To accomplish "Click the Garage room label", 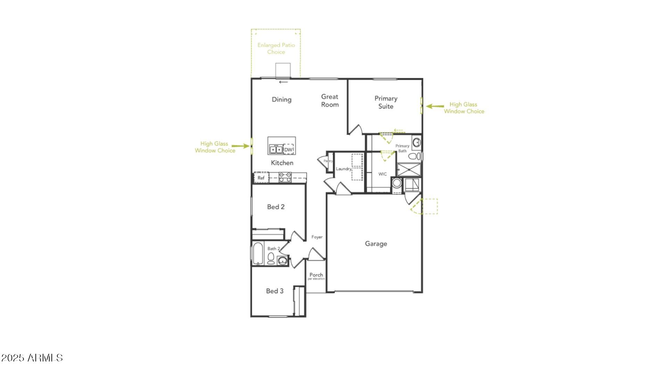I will pyautogui.click(x=376, y=244).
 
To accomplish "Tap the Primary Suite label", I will pyautogui.click(x=386, y=102).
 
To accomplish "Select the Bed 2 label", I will pyautogui.click(x=276, y=207).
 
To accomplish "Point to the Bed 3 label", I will pyautogui.click(x=275, y=291).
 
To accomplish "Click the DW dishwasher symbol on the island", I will pyautogui.click(x=289, y=150).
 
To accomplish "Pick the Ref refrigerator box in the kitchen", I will pyautogui.click(x=261, y=178).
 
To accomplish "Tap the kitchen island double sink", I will pyautogui.click(x=276, y=149).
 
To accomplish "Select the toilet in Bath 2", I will pyautogui.click(x=271, y=258).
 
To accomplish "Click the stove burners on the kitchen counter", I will pyautogui.click(x=285, y=177).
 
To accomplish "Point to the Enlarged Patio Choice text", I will pyautogui.click(x=276, y=49).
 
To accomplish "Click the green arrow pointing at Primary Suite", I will pyautogui.click(x=435, y=106).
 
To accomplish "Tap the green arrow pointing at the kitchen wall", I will pyautogui.click(x=240, y=146).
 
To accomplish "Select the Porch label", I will pyautogui.click(x=316, y=275).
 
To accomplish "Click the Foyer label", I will pyautogui.click(x=317, y=237).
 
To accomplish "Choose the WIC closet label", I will pyautogui.click(x=382, y=174).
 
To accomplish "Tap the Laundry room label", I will pyautogui.click(x=344, y=169).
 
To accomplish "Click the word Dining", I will pyautogui.click(x=281, y=100).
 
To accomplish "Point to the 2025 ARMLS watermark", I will pyautogui.click(x=32, y=358).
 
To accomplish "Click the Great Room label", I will pyautogui.click(x=330, y=101).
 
